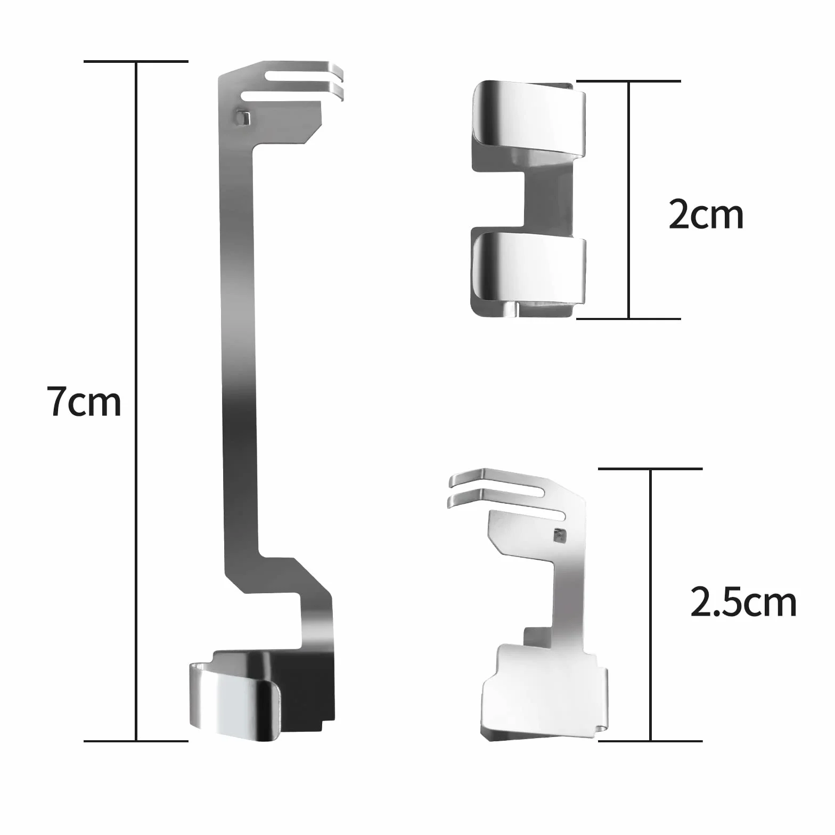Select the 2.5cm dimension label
pos(743,602)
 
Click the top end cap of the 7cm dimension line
pos(136,62)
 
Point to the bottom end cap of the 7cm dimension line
pos(136,741)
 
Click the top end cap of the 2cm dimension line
pos(628,81)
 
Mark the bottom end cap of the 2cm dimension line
pos(628,318)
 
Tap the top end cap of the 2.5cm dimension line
pos(650,469)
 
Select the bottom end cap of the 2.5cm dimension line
pos(650,741)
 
